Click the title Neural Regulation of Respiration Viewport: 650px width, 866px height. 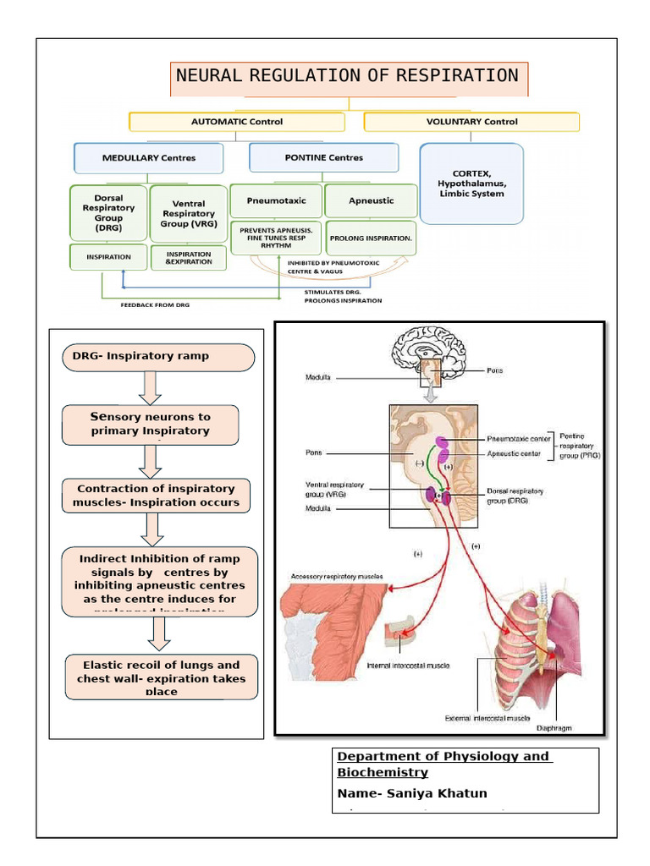347,76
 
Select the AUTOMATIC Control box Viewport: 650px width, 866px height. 236,122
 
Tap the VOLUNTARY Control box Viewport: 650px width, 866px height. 471,122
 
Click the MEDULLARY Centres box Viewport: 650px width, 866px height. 148,158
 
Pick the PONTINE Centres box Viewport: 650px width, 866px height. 323,158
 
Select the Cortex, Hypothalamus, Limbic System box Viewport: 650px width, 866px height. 471,183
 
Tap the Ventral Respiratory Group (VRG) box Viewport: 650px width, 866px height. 188,214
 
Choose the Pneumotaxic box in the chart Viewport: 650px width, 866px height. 276,201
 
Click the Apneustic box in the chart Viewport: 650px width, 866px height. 371,201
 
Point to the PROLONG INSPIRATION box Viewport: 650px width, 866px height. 371,238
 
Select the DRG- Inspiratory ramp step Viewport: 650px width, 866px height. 158,357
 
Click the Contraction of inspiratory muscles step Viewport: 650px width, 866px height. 156,496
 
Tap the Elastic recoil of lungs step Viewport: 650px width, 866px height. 161,677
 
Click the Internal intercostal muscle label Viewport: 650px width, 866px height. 408,666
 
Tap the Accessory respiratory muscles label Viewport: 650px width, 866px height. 336,577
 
